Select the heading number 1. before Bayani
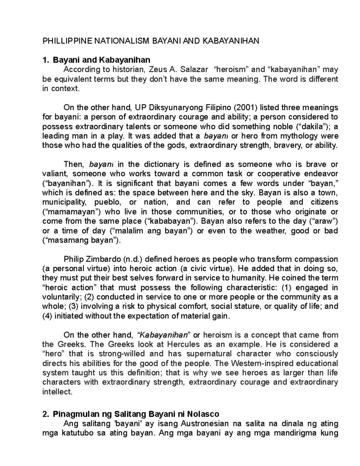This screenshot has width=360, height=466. (x=46, y=60)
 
